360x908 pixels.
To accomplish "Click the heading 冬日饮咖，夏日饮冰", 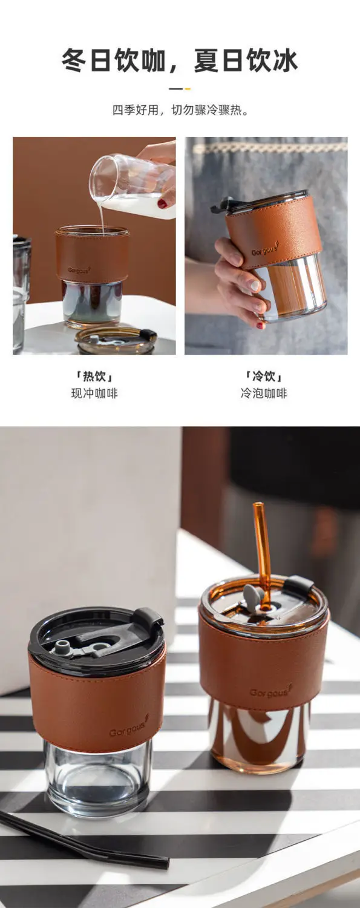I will pyautogui.click(x=180, y=61).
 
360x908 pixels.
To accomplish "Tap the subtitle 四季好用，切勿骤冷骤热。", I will pyautogui.click(x=180, y=111).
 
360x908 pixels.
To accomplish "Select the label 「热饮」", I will pyautogui.click(x=94, y=376).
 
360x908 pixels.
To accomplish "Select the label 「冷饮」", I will pyautogui.click(x=263, y=376).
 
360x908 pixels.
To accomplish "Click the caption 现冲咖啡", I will pyautogui.click(x=94, y=393).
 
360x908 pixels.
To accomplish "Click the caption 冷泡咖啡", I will pyautogui.click(x=263, y=393).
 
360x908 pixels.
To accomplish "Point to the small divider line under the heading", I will pyautogui.click(x=180, y=88).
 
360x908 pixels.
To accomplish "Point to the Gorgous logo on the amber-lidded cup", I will pyautogui.click(x=270, y=691).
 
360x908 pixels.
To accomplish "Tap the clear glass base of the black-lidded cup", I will pyautogui.click(x=97, y=781).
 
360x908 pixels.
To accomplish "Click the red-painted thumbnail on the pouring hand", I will pyautogui.click(x=162, y=204).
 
